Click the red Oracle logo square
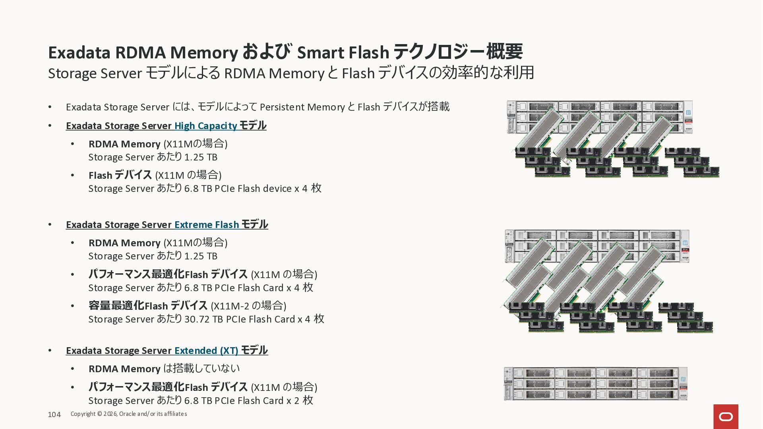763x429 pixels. point(726,416)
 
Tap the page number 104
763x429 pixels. point(54,415)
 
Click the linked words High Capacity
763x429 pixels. point(205,126)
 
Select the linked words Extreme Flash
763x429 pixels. point(207,225)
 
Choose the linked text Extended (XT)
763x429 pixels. point(206,351)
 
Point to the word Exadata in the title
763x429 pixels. point(79,53)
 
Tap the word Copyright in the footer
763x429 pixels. point(83,414)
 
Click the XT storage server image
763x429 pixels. point(595,384)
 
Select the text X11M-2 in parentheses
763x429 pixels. point(231,306)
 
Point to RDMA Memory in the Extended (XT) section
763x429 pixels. point(124,369)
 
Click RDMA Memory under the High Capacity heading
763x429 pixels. point(124,144)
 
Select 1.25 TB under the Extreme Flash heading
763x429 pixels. point(201,256)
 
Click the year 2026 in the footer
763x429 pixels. point(110,414)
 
